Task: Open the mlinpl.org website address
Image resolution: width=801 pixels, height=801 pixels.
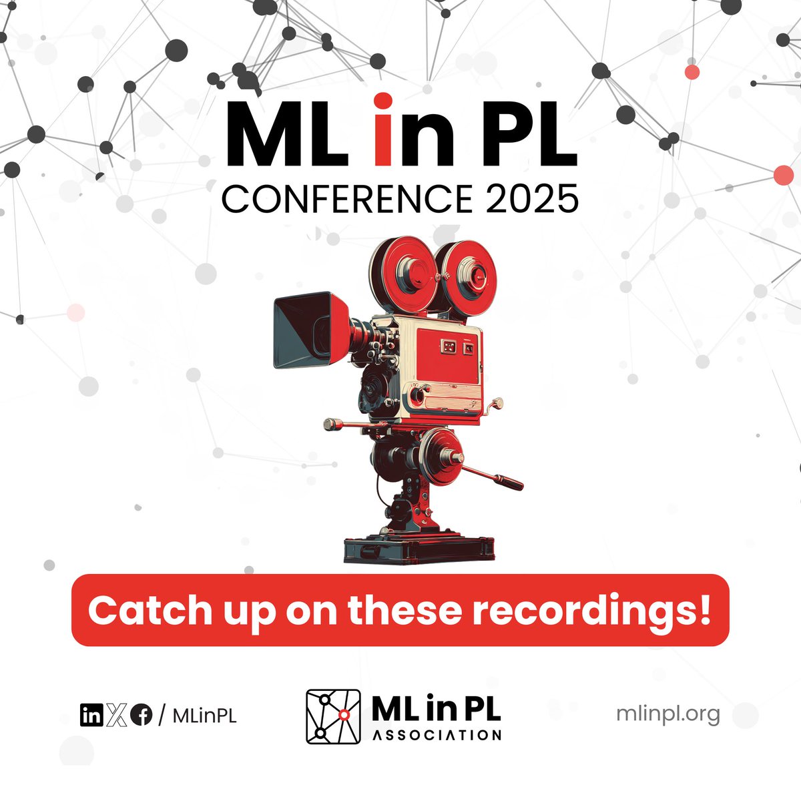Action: tap(669, 714)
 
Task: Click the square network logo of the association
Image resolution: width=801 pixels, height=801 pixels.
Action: tap(333, 716)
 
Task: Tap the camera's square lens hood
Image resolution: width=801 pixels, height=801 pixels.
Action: tap(304, 330)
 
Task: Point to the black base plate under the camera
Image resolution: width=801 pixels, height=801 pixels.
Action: tap(419, 551)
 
